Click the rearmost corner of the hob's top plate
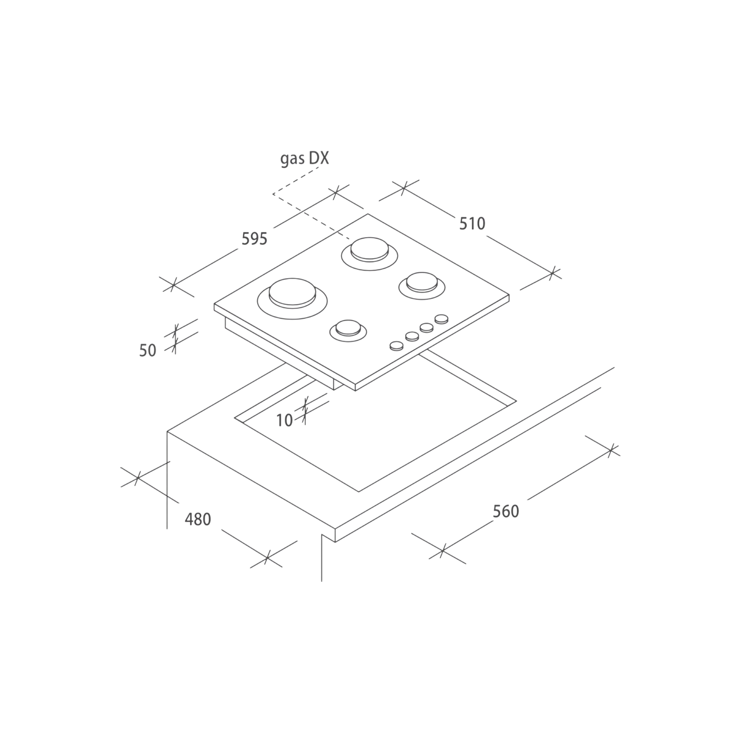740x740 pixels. pos(368,214)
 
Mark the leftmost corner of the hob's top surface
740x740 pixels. pos(214,304)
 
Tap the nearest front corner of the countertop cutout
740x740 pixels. pos(358,492)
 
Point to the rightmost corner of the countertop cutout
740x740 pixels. pos(517,401)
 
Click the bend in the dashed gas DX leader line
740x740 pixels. pos(273,194)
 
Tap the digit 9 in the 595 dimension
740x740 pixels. pos(254,239)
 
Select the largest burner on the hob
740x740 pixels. pos(292,299)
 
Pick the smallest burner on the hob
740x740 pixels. pos(348,330)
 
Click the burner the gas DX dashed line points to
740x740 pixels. pos(369,253)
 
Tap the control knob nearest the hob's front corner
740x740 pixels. pos(396,346)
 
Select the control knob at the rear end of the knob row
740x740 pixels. pos(441,319)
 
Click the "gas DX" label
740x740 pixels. pos(305,159)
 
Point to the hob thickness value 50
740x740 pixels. pos(148,351)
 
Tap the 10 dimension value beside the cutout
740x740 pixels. pos(285,420)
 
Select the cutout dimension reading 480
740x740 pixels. pos(198,519)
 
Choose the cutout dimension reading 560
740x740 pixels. pos(506,512)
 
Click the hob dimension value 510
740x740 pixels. pos(472,223)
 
